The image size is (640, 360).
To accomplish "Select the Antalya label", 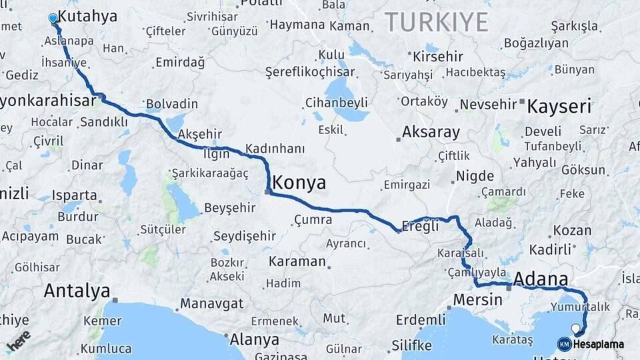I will point(77,291).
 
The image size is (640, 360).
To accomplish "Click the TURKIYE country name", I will point(436,21).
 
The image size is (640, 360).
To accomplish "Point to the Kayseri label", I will point(559,106).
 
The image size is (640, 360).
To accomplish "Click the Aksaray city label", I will point(431,132).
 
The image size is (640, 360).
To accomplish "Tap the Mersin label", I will point(477,299).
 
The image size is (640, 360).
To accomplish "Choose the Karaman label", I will point(297,261).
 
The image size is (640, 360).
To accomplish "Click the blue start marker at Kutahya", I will point(53,18).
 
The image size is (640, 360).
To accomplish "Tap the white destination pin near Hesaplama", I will point(575,328).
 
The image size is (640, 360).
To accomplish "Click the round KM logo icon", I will point(565,344).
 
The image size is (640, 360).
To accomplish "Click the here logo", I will point(18,341).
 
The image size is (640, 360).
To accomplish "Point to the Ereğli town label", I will point(423,226).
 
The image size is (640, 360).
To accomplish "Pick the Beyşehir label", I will point(230,207).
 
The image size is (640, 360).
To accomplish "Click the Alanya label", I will point(254,339).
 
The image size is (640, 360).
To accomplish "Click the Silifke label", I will point(411,345).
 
